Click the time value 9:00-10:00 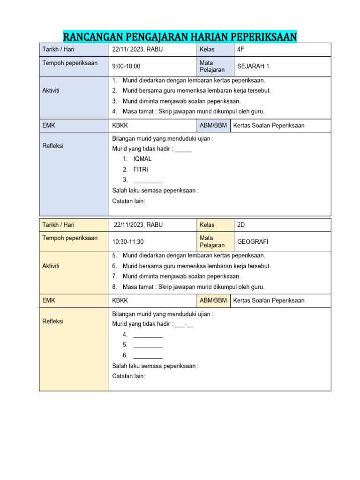(126, 66)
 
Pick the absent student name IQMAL (142, 159)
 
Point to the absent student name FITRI (141, 170)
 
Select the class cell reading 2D (241, 225)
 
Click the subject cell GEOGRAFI (253, 242)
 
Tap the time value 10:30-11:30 (128, 242)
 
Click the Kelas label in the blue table (207, 49)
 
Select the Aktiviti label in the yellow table (51, 266)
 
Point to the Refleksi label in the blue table (52, 146)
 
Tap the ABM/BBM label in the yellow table (213, 300)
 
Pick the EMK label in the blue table (49, 125)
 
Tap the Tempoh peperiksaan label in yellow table (70, 238)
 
